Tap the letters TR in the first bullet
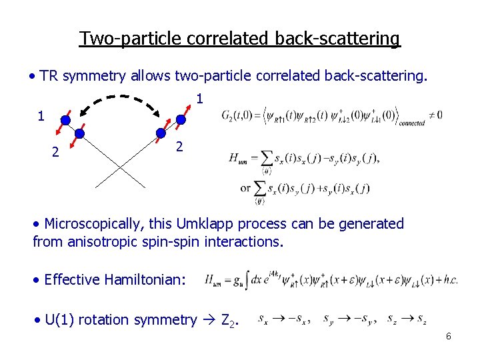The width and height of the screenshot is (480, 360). click(48, 76)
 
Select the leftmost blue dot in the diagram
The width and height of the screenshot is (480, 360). click(65, 121)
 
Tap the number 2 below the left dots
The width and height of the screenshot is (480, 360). click(56, 153)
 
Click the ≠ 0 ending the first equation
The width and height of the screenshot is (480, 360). click(436, 115)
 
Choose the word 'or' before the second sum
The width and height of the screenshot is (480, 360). click(245, 188)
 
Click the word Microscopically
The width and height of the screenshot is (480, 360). click(91, 224)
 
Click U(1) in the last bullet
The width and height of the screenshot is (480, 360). click(61, 320)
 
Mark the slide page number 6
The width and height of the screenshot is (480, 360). click(449, 337)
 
